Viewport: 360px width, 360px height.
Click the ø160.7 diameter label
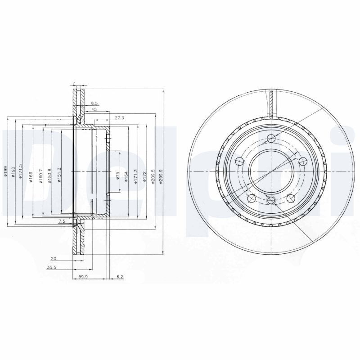(x=41, y=176)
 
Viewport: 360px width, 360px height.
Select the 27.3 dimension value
(x=119, y=117)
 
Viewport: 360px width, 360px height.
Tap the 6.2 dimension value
(x=120, y=278)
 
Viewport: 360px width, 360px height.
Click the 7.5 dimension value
(x=62, y=222)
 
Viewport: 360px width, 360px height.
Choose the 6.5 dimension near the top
(x=94, y=103)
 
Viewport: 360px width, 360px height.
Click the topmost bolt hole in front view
(x=270, y=139)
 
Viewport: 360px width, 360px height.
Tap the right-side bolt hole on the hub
(x=302, y=162)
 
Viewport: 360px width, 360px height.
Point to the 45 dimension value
(x=94, y=109)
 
